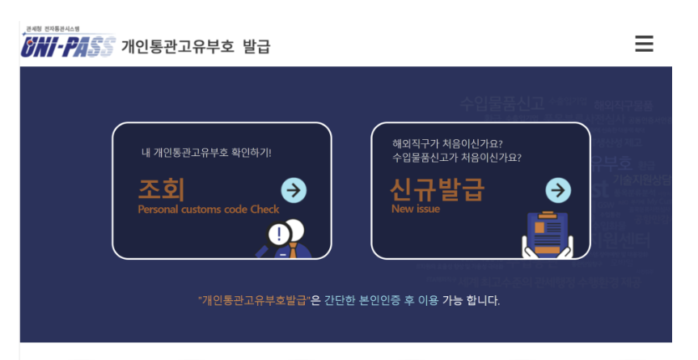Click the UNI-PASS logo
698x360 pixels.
tap(68, 46)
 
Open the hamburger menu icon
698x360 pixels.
tap(644, 44)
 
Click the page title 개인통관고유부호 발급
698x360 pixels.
tap(196, 46)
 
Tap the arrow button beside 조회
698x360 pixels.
tap(294, 190)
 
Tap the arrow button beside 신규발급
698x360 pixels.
tap(558, 190)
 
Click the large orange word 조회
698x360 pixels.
tap(162, 189)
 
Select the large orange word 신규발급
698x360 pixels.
tap(438, 189)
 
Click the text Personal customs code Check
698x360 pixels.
tap(209, 210)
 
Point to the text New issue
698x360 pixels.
tap(416, 209)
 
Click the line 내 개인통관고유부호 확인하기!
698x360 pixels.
tap(206, 152)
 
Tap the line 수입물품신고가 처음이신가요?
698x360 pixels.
tap(457, 158)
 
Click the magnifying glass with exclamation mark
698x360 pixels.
tap(278, 235)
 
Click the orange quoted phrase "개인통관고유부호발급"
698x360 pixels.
tap(254, 301)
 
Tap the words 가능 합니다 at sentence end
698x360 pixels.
tap(471, 301)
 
